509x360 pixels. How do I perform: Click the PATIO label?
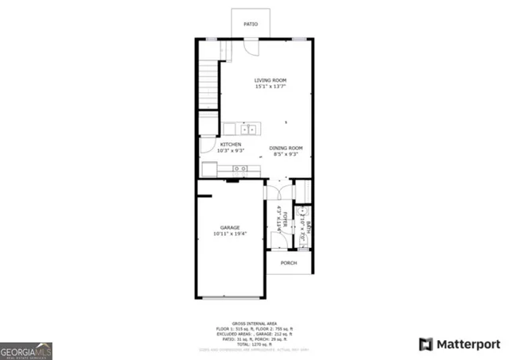coord(251,25)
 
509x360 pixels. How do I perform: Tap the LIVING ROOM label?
coord(270,80)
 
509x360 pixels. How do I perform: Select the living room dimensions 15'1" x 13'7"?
coord(270,87)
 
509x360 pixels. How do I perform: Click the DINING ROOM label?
coord(286,148)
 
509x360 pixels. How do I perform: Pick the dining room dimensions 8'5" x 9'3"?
coord(286,154)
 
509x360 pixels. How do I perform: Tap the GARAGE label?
coord(230,227)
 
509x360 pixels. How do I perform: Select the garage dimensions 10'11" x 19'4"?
coord(230,234)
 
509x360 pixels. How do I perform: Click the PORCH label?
coord(288,263)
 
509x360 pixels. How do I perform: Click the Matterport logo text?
coord(468,344)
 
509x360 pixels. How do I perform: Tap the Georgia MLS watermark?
coord(26,350)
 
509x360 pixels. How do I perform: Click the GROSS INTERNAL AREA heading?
coord(254,323)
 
